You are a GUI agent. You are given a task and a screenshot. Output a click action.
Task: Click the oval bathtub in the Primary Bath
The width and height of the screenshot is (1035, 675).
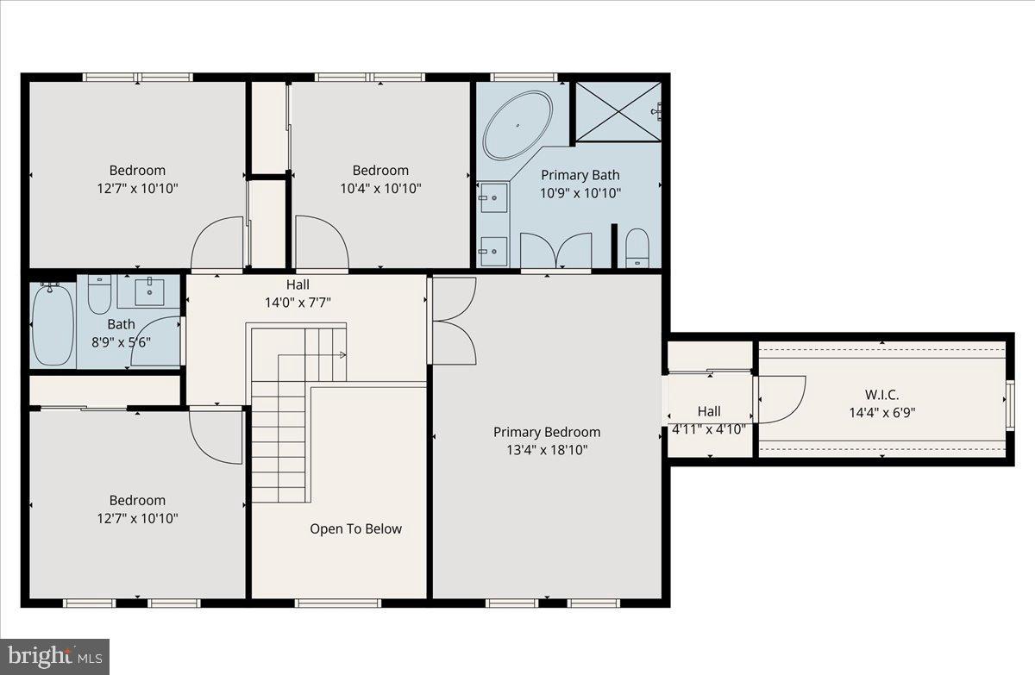(517, 125)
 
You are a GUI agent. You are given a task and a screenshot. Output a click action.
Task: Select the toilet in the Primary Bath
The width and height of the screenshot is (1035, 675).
(637, 247)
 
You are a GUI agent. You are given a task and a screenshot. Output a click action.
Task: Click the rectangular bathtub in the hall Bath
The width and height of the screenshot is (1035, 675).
(53, 324)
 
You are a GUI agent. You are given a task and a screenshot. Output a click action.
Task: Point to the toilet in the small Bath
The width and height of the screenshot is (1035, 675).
(99, 294)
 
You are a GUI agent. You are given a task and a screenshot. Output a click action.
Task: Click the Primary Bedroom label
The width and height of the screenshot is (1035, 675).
(547, 432)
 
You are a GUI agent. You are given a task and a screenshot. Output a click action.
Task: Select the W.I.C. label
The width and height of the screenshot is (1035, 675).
(881, 395)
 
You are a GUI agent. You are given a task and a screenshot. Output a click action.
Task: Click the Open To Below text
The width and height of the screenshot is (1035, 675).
(355, 528)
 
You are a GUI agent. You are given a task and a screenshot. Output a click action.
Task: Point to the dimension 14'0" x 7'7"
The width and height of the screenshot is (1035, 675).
(298, 302)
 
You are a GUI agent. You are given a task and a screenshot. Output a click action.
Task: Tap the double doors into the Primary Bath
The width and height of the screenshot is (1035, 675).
(556, 251)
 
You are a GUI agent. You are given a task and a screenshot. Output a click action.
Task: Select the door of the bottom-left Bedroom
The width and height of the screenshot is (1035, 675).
(215, 436)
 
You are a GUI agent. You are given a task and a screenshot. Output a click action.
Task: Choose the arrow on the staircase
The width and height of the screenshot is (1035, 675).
(342, 354)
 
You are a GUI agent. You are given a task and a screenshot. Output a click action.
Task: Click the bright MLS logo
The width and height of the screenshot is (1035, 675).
(54, 657)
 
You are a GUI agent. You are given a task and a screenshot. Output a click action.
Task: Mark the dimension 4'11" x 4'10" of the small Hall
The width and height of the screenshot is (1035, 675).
(709, 428)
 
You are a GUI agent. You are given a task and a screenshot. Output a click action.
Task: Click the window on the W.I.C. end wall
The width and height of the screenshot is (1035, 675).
(1009, 404)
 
